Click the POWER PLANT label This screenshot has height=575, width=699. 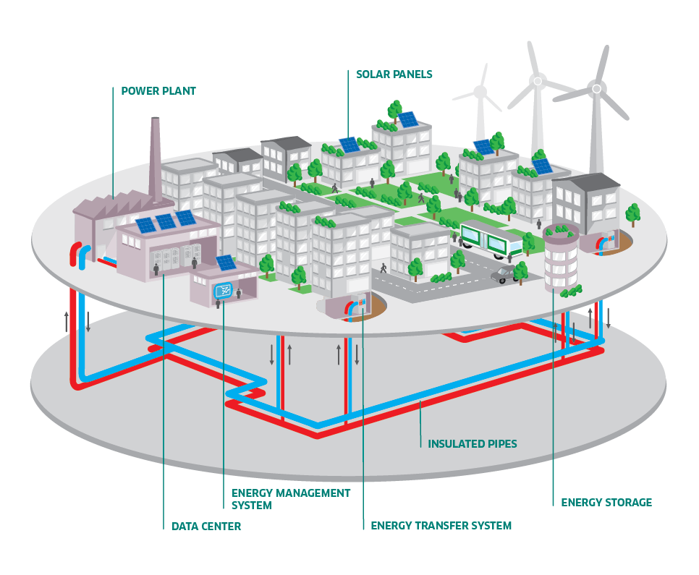(x=158, y=91)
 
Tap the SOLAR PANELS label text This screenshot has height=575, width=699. (x=394, y=74)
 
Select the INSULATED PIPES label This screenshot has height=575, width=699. (x=472, y=443)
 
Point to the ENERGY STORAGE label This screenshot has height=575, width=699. (x=606, y=502)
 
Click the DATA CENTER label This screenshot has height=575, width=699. (x=206, y=527)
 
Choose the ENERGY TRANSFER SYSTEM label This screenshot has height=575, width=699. (x=441, y=526)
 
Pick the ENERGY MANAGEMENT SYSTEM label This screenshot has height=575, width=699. (x=290, y=499)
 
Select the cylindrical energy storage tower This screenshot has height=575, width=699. (x=560, y=257)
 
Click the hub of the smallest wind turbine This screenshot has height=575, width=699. (x=480, y=92)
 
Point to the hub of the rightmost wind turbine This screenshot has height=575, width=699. (x=596, y=89)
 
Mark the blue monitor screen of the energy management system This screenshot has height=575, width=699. (x=224, y=291)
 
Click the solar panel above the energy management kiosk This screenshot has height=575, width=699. (x=226, y=263)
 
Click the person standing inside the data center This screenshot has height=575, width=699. (x=156, y=269)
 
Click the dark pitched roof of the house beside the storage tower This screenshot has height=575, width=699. (x=585, y=182)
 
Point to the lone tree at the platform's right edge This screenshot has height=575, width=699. (x=632, y=213)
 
